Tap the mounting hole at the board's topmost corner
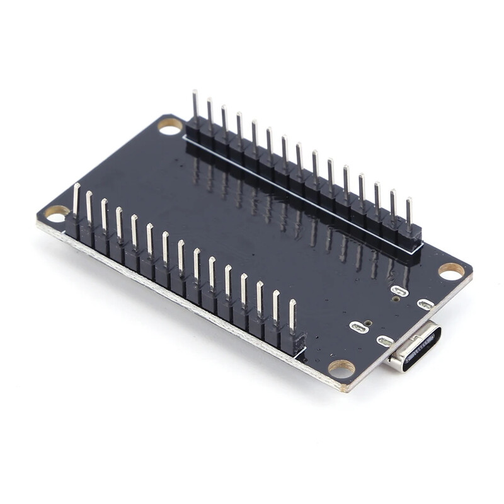[169, 127]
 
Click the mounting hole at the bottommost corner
[341, 369]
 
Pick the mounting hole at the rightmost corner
[451, 271]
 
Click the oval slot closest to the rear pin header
[399, 291]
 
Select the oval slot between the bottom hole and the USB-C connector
[385, 341]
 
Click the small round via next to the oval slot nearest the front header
[369, 323]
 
